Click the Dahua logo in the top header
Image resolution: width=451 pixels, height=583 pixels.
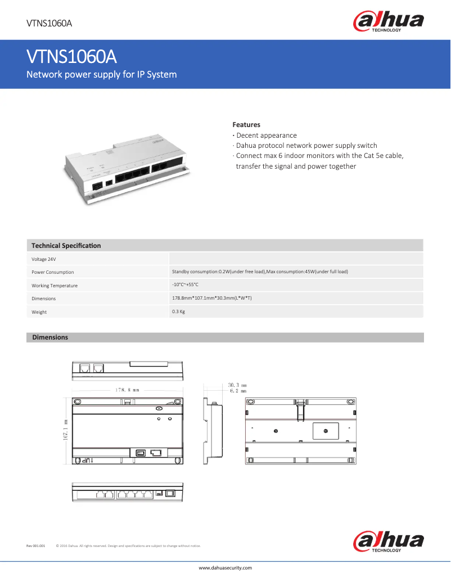tap(388, 22)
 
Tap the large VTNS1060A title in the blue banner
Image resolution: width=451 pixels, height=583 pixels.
tap(71, 57)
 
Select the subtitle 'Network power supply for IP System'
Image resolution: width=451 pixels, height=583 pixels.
tap(102, 75)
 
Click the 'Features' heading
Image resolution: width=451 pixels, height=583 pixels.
tap(246, 125)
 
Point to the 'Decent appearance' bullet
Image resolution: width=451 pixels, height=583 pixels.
tap(266, 135)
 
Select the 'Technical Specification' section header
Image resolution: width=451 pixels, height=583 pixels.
tap(66, 246)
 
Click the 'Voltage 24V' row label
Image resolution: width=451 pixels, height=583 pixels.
tap(44, 259)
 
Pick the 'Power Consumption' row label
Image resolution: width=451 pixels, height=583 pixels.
tap(53, 272)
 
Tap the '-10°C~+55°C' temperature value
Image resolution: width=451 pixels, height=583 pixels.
tap(185, 285)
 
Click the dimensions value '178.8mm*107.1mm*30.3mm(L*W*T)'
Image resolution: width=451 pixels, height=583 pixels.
tap(211, 298)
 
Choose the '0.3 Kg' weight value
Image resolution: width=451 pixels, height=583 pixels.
tap(178, 311)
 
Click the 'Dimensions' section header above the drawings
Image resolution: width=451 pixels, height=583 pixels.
tap(50, 337)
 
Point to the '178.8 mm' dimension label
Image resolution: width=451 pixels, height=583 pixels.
tap(127, 389)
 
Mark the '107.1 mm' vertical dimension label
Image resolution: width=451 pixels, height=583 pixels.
tap(66, 430)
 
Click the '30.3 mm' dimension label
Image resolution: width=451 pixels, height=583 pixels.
tap(237, 385)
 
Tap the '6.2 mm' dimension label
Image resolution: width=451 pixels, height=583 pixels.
tap(238, 390)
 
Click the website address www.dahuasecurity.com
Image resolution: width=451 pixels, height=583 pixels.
tap(225, 568)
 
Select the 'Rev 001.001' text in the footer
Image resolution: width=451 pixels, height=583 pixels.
tap(35, 546)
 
